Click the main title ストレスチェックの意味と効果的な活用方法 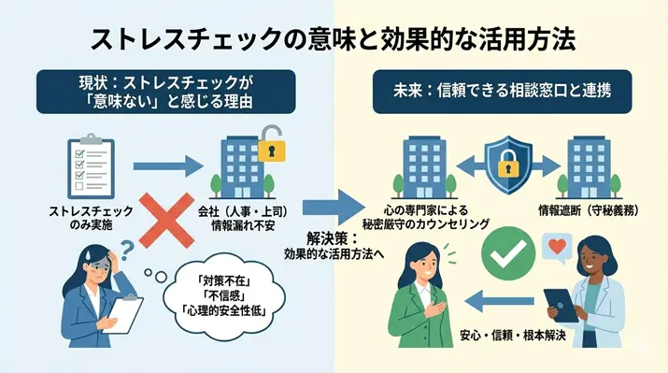[334, 38]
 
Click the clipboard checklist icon [91, 166]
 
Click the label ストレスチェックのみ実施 [92, 219]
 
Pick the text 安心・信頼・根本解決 [514, 336]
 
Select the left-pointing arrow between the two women [503, 301]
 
